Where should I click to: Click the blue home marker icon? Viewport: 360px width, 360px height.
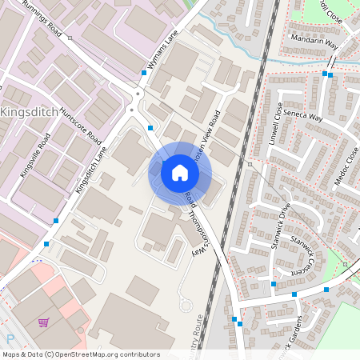180,172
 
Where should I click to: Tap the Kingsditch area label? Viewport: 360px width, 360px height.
30,112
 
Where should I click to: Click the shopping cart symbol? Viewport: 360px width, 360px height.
44,323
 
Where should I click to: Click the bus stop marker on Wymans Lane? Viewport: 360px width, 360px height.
144,72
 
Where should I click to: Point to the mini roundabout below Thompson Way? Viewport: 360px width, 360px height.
186,303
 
